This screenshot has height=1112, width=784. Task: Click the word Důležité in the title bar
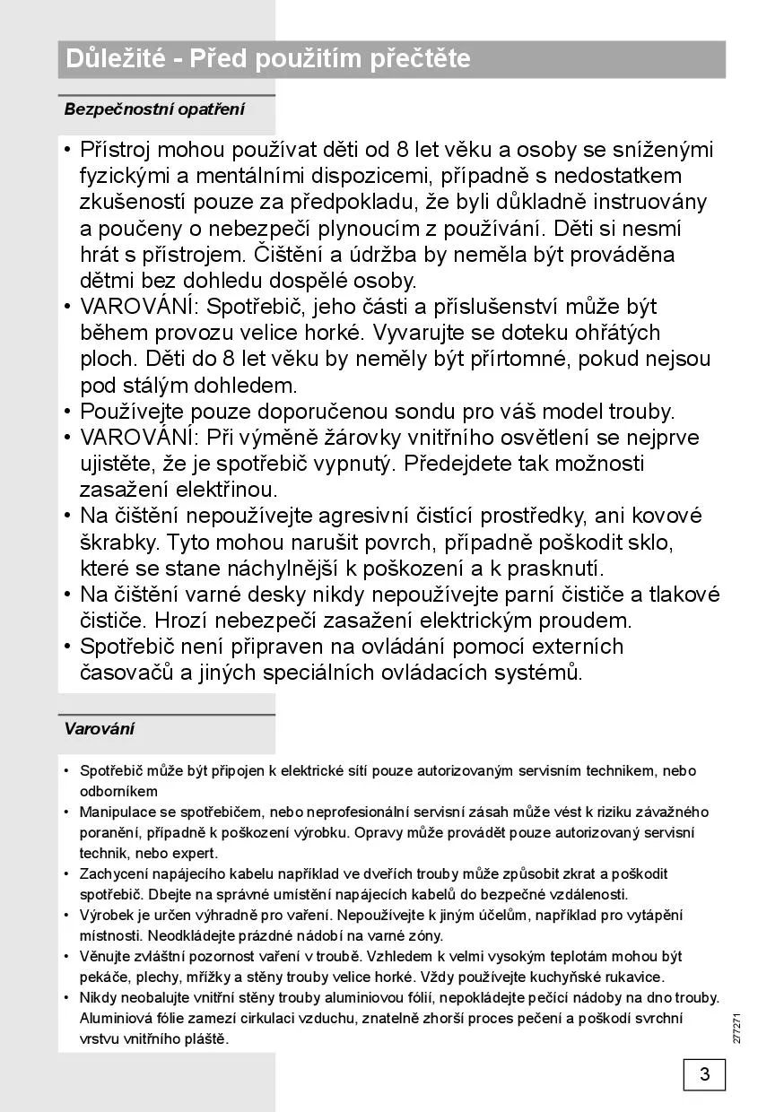pyautogui.click(x=115, y=59)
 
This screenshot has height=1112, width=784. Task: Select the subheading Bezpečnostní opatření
pyautogui.click(x=153, y=109)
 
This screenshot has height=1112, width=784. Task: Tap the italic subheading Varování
pyautogui.click(x=99, y=728)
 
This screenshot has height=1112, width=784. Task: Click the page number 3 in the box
pyautogui.click(x=704, y=1073)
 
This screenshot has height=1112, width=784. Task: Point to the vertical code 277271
pyautogui.click(x=736, y=1028)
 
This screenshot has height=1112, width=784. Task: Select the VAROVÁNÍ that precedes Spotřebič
pyautogui.click(x=139, y=307)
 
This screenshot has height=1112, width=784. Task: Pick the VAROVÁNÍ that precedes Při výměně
pyautogui.click(x=139, y=439)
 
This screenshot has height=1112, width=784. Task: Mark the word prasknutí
pyautogui.click(x=556, y=569)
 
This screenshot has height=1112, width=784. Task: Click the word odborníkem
pyautogui.click(x=118, y=791)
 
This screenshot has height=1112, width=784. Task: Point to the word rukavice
pyautogui.click(x=633, y=977)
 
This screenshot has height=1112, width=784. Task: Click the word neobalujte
pyautogui.click(x=152, y=997)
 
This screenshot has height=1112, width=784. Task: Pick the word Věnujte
pyautogui.click(x=103, y=956)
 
